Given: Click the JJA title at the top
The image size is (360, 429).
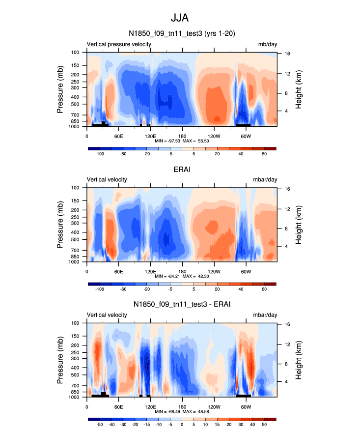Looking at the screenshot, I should (x=180, y=18).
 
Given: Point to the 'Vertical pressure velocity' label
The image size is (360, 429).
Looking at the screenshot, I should (x=119, y=44).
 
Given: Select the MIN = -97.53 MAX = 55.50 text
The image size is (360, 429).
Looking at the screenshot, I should (x=182, y=141).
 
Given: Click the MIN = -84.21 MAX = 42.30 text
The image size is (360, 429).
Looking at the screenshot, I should (x=182, y=276).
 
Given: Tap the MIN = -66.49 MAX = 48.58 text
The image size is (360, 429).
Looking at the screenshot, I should (x=182, y=412).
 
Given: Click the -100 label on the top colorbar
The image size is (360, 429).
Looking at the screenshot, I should (x=100, y=154).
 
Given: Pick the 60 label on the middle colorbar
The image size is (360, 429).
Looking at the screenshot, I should (x=264, y=289).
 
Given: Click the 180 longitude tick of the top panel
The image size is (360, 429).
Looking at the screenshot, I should (x=182, y=136).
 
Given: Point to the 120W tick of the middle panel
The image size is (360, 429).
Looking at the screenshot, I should (x=214, y=271).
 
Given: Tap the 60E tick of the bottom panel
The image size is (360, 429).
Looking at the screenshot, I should (x=118, y=407).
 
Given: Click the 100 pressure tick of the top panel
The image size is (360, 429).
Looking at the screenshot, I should (x=76, y=52).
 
